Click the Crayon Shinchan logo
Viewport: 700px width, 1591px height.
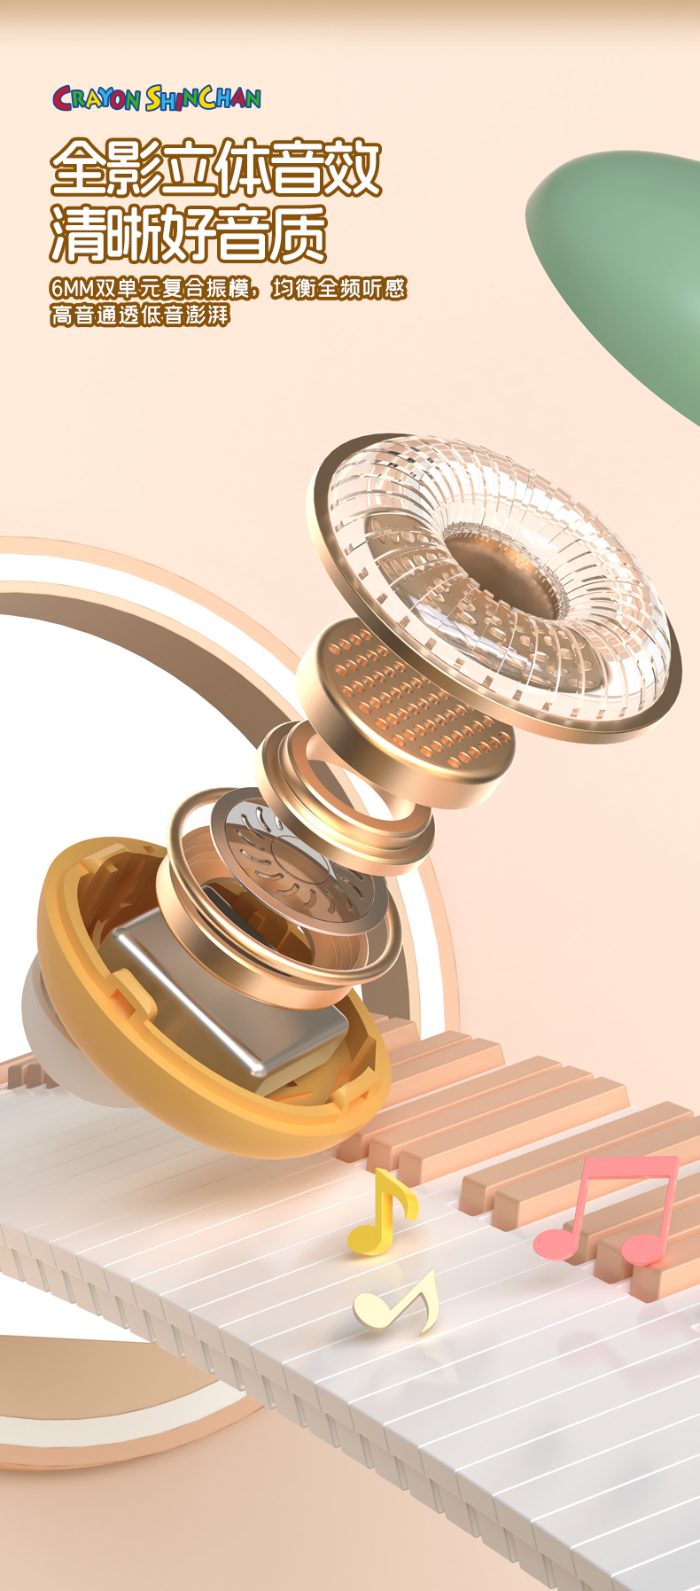157,97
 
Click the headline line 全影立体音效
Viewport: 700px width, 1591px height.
216,168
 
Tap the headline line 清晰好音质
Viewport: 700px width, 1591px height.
189,233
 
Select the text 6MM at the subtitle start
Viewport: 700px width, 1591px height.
72,288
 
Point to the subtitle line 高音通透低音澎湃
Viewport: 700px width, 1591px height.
140,315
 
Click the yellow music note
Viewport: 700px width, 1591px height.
382,1212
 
